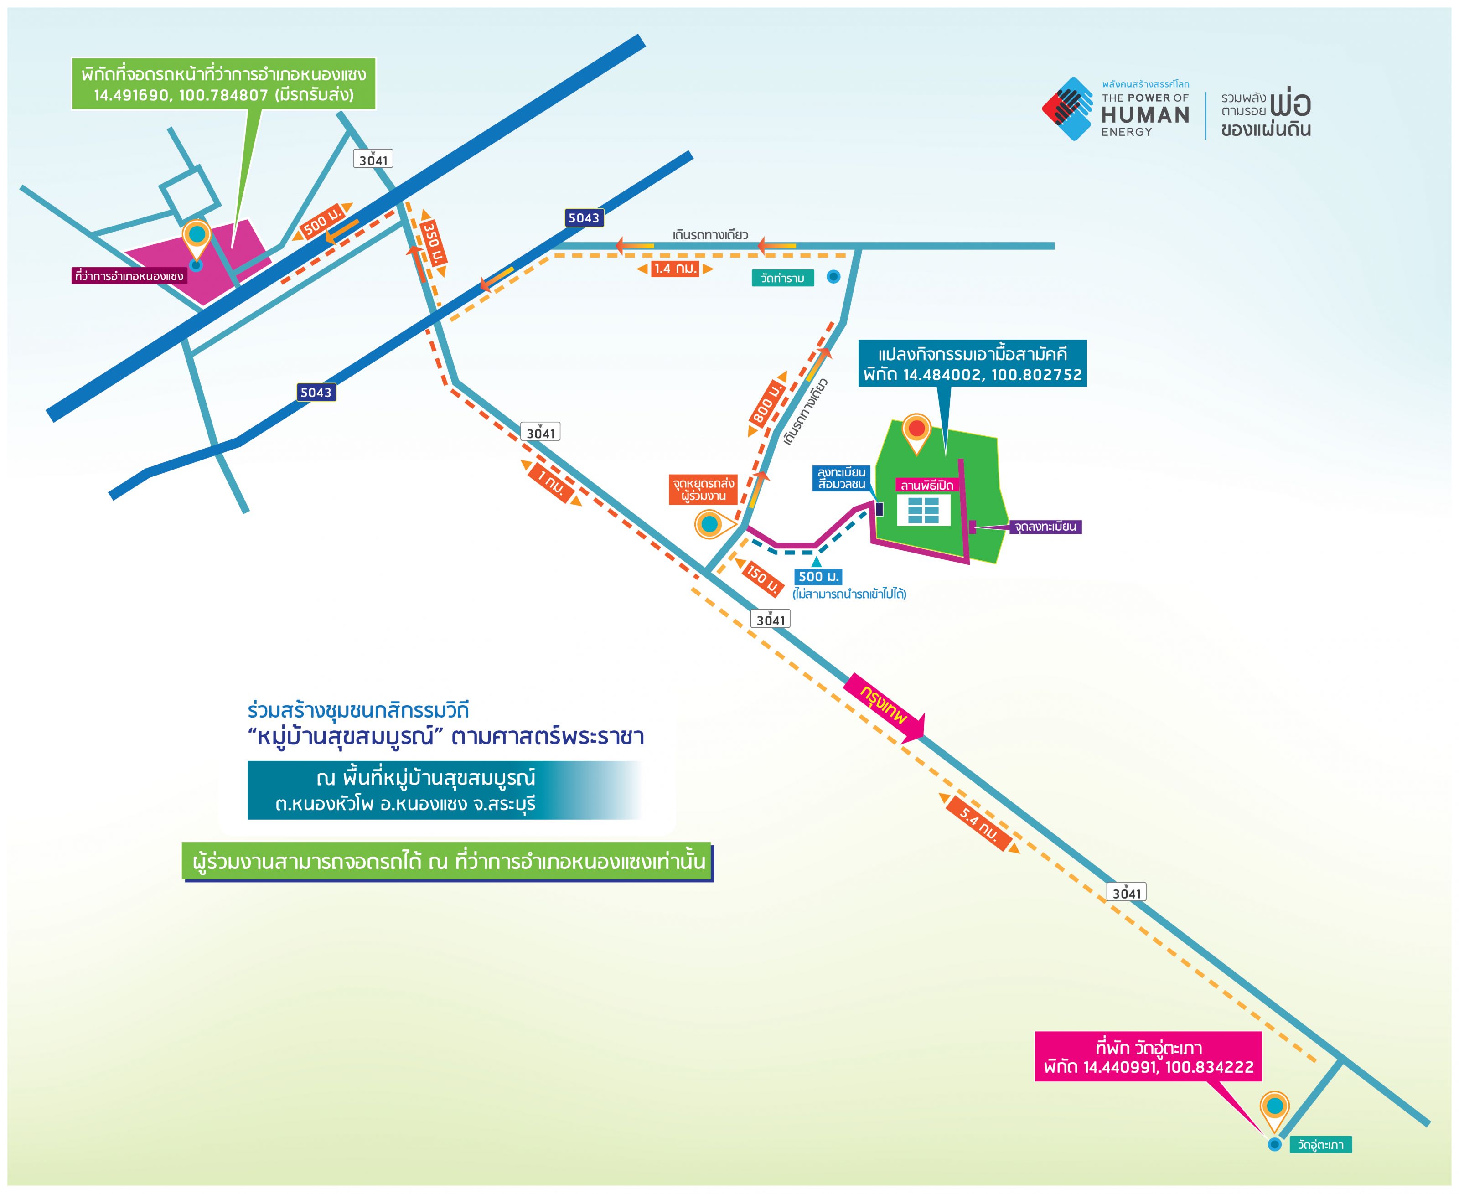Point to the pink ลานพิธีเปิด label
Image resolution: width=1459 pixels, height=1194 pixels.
(x=926, y=486)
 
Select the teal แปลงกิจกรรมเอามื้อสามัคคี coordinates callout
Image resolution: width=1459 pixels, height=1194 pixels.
(x=973, y=364)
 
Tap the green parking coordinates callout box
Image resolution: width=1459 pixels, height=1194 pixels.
(x=224, y=84)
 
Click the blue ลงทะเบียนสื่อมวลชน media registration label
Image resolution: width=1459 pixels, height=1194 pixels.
(x=841, y=478)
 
